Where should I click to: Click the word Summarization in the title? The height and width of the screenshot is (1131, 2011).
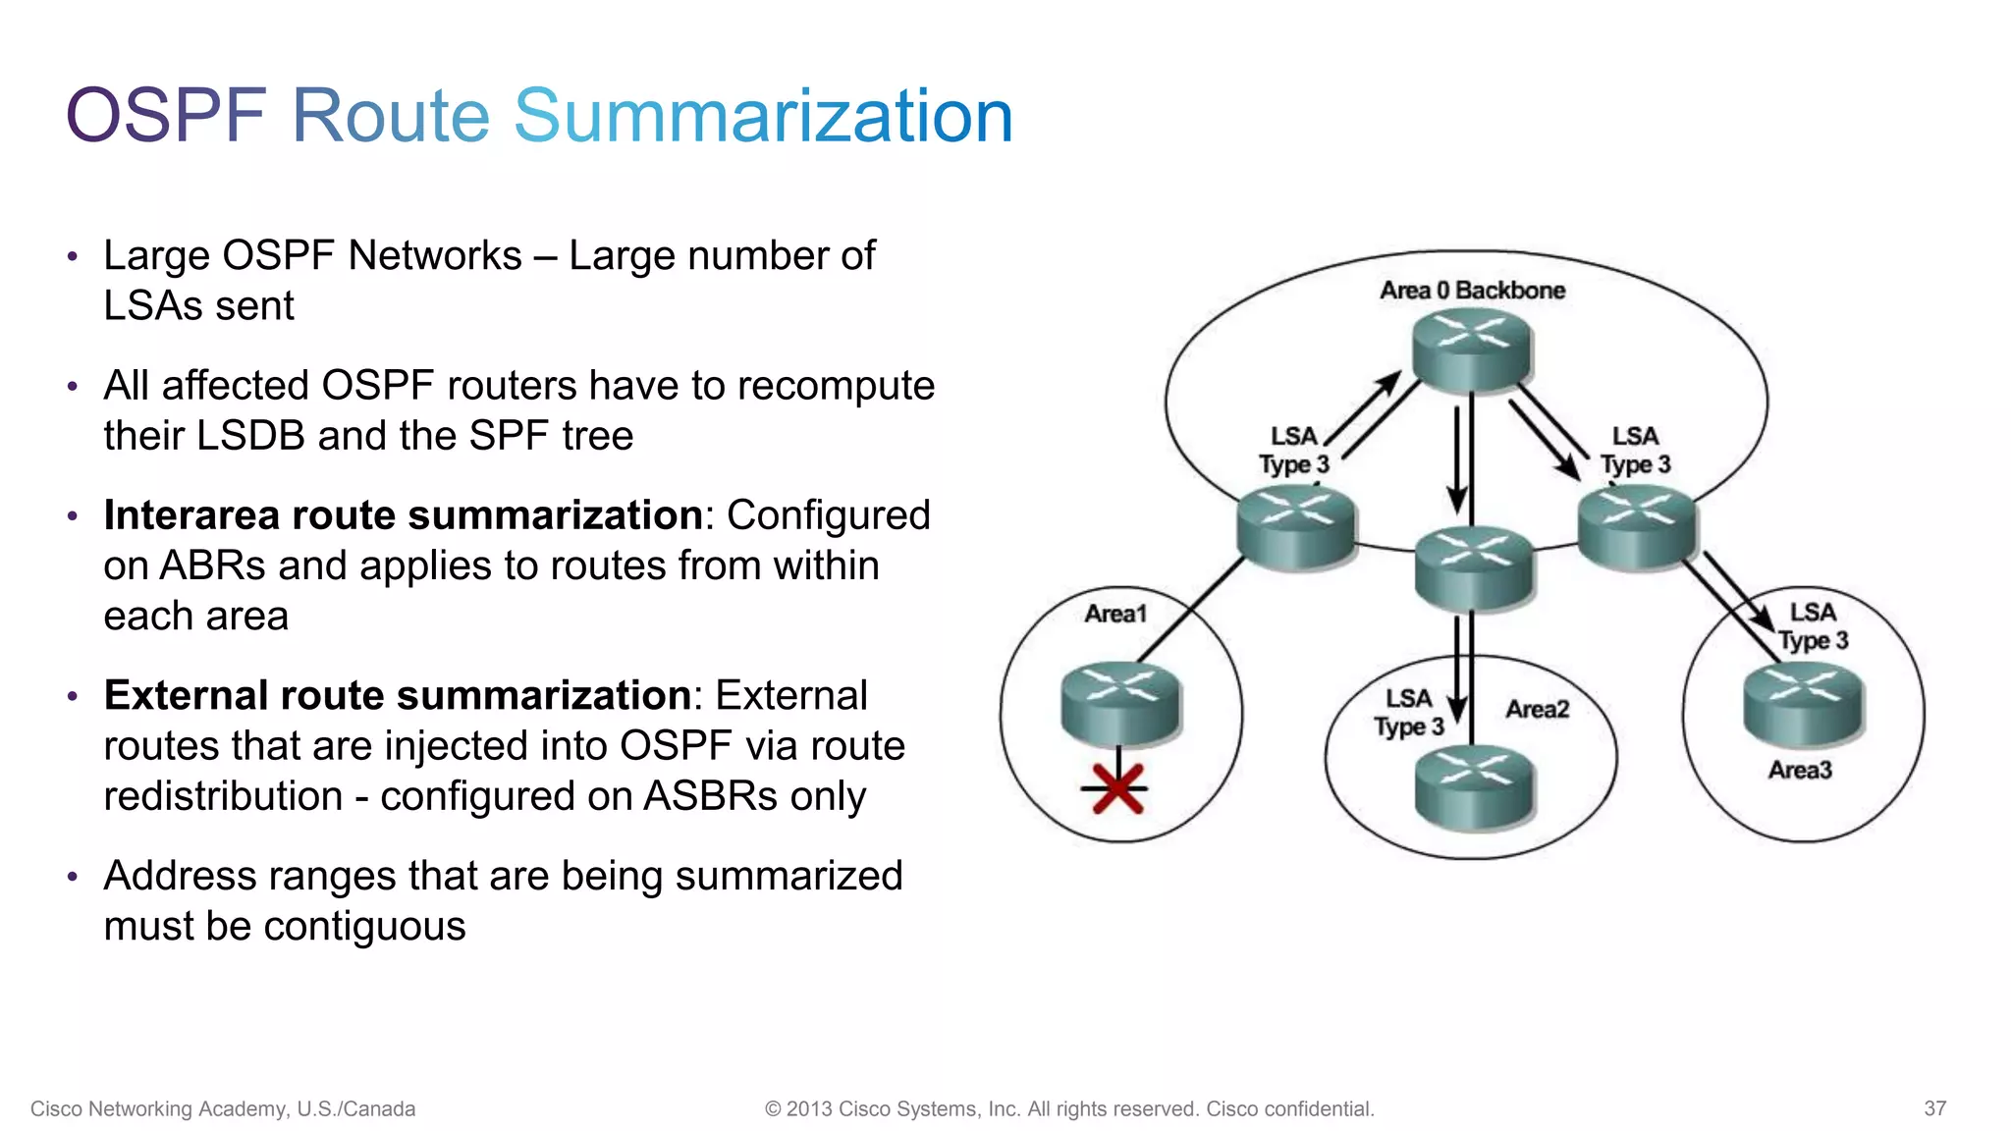[763, 116]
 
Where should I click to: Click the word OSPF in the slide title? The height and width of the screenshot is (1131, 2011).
[166, 116]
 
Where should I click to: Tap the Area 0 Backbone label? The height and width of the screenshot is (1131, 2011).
[1472, 290]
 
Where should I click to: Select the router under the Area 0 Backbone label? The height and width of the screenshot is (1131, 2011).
[1471, 350]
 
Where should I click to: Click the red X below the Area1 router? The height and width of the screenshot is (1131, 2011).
[1117, 788]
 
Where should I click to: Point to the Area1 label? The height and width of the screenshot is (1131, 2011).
[1115, 614]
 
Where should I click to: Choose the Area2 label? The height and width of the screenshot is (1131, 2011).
[1537, 709]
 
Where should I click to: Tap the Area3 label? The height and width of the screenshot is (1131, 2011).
[1800, 770]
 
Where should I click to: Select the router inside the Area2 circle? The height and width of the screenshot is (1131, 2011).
[1473, 786]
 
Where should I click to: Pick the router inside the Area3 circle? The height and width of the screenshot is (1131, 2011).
[1802, 703]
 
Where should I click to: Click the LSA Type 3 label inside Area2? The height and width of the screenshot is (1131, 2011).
[1408, 713]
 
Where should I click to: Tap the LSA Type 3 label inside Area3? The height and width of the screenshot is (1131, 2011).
[1813, 626]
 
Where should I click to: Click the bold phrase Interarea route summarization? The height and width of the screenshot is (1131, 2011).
[403, 515]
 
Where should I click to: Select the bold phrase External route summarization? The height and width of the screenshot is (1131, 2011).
[398, 695]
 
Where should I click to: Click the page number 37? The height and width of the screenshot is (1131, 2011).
[1934, 1108]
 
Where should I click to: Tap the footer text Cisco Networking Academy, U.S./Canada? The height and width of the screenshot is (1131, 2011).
[223, 1108]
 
